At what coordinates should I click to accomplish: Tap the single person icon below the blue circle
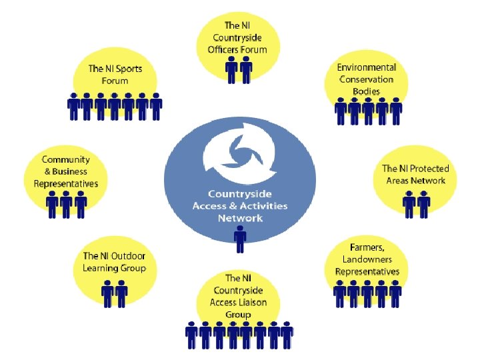(x=240, y=239)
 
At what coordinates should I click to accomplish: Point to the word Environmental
(x=366, y=67)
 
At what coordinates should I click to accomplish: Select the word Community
(x=66, y=159)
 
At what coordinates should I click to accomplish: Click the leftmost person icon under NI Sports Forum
(x=73, y=107)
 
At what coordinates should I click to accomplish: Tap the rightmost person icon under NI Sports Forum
(x=156, y=107)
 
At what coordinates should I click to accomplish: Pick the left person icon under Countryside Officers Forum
(x=232, y=69)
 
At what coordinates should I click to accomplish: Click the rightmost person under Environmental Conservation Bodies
(x=396, y=111)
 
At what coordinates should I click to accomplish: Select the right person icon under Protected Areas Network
(x=423, y=203)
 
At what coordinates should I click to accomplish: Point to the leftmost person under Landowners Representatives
(x=340, y=293)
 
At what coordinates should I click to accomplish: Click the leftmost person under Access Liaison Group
(x=192, y=335)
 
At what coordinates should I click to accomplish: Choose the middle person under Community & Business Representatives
(x=66, y=204)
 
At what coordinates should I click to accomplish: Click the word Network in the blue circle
(x=240, y=218)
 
